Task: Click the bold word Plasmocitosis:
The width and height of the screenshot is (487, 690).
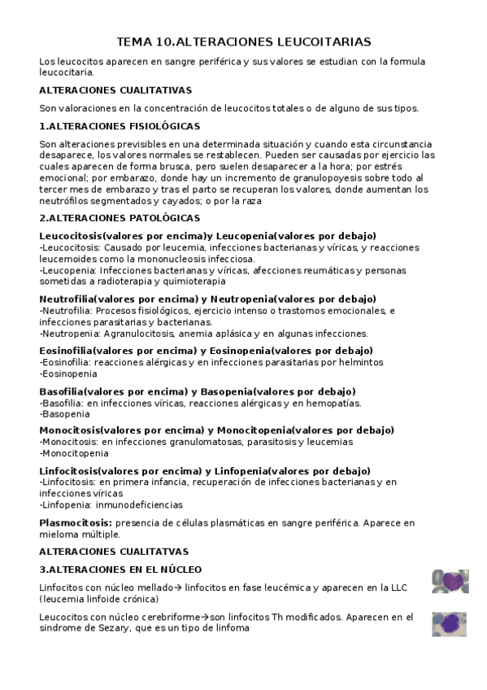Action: (x=76, y=522)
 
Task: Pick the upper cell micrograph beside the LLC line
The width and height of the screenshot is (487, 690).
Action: (x=449, y=581)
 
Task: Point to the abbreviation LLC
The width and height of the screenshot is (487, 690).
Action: (x=397, y=587)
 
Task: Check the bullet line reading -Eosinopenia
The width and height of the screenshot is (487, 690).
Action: (x=68, y=373)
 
